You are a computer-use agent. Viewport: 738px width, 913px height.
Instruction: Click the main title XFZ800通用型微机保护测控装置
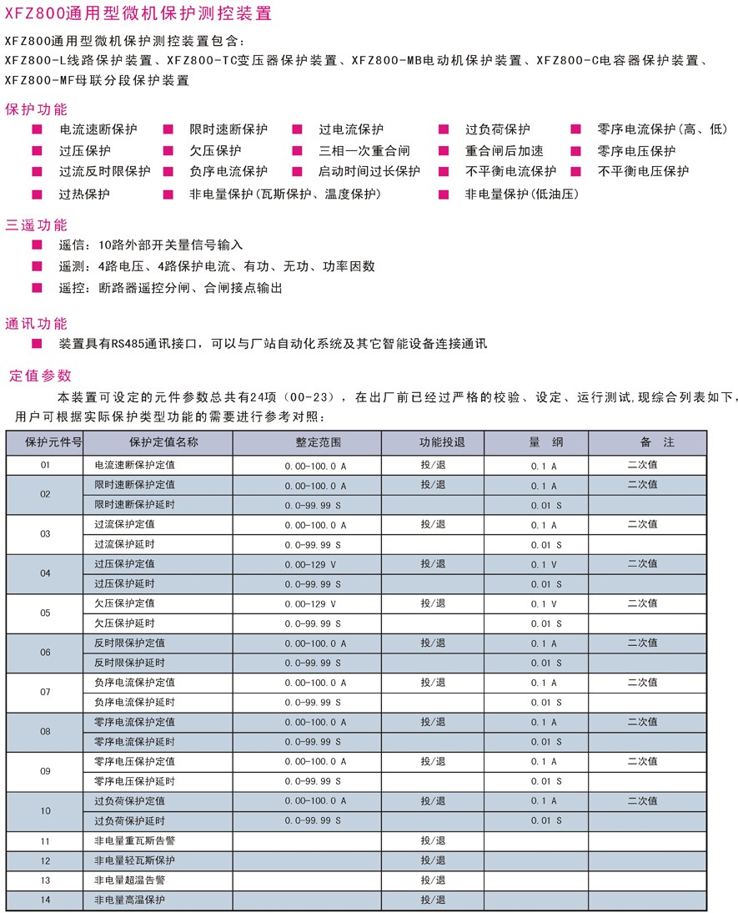[x=137, y=14]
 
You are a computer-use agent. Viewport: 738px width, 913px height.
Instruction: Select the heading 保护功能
[x=36, y=109]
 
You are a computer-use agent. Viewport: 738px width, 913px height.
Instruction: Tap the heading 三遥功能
[x=36, y=225]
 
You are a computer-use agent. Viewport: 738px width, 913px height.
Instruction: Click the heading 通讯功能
[x=36, y=324]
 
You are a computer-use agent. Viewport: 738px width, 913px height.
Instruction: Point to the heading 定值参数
[x=40, y=376]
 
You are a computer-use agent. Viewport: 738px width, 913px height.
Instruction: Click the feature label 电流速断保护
[x=98, y=129]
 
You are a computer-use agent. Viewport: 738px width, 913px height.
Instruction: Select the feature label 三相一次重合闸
[x=364, y=151]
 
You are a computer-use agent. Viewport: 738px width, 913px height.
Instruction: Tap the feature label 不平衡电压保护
[x=644, y=172]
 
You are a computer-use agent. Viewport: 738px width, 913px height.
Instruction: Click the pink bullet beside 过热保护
[x=37, y=194]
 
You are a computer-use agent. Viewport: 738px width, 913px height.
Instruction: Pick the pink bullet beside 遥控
[x=37, y=288]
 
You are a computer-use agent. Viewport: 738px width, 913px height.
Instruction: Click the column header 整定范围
[x=319, y=441]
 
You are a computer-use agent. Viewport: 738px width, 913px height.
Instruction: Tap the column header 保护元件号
[x=45, y=441]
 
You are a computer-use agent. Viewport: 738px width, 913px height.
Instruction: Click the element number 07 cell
[x=45, y=692]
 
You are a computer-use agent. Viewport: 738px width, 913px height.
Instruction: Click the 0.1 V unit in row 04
[x=544, y=564]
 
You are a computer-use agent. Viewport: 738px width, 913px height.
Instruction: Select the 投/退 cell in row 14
[x=433, y=900]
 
